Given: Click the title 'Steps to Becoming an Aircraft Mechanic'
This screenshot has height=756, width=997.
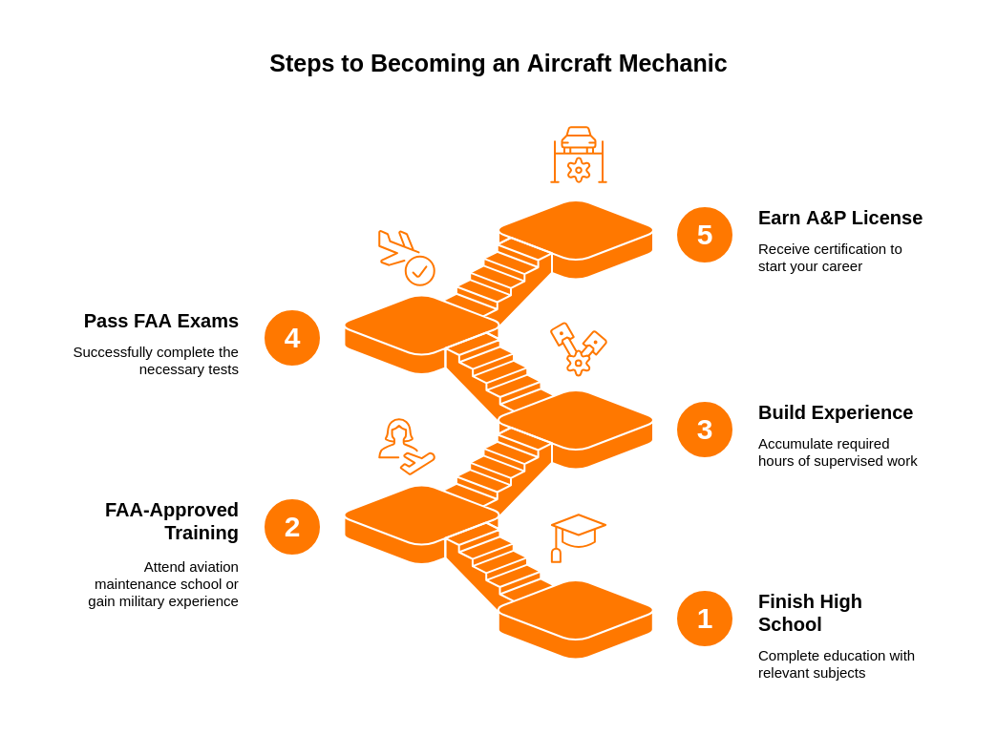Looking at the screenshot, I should click(498, 63).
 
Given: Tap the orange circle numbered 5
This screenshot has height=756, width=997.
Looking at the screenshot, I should click(705, 235).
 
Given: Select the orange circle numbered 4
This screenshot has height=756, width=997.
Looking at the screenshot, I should click(292, 338).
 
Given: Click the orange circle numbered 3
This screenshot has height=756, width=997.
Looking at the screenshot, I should click(705, 430).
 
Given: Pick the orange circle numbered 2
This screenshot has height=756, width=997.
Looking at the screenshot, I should click(292, 527).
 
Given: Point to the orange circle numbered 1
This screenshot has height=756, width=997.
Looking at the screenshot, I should click(705, 619).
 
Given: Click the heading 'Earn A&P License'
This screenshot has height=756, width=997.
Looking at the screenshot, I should click(839, 218).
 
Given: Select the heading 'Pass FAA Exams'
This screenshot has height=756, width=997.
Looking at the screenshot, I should click(161, 321).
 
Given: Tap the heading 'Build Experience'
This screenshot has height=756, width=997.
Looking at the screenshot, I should click(835, 412).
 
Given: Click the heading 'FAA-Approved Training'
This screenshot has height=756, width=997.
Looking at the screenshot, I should click(172, 521).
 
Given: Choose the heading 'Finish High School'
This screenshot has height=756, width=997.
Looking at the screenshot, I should click(810, 613).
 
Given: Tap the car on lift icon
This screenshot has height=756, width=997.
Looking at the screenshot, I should click(579, 155).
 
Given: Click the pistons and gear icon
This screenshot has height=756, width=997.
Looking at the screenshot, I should click(579, 348).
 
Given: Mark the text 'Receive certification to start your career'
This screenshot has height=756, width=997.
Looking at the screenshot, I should click(829, 257).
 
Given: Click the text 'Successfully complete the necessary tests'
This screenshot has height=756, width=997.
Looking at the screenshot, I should click(156, 360).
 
